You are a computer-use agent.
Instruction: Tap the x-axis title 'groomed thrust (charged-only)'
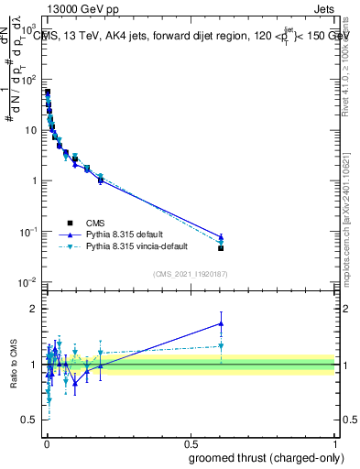tap(261, 457)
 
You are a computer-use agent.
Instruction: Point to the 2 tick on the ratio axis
tap(32, 309)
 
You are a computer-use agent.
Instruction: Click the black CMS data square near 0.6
tap(221, 248)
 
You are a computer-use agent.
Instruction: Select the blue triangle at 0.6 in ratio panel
tap(221, 322)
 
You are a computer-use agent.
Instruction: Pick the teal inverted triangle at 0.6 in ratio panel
tap(221, 346)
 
